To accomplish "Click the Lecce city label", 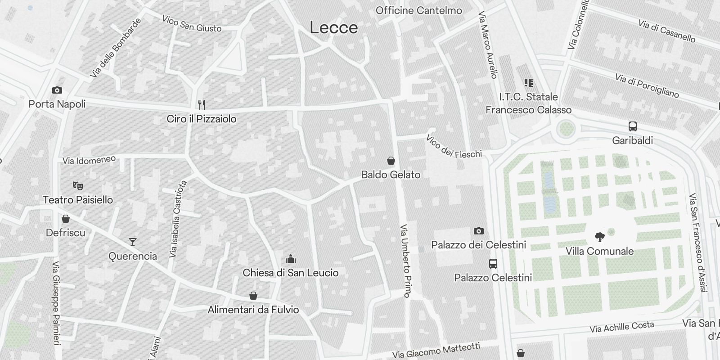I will point(333,28).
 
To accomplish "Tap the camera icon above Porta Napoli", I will point(57,90).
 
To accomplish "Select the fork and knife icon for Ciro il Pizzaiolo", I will point(202,105).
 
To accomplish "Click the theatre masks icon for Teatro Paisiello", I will point(77,185).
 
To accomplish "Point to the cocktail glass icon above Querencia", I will point(132,242).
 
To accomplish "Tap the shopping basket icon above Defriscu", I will point(66,219).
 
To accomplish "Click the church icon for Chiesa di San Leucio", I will point(290,259).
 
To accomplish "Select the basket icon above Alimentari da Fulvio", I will point(253,296).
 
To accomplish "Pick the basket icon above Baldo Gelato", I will point(391,161).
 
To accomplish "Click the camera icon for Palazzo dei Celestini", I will point(478,231).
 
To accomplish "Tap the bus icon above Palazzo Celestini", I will point(493,264).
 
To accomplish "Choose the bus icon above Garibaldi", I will point(632,126).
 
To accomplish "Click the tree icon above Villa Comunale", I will point(599,237).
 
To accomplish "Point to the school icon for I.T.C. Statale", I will point(528,83).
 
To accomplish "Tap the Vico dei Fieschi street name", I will point(454,147).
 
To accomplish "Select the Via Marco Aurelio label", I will point(488,45).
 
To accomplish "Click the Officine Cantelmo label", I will point(418,10).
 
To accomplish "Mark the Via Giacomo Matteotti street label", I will point(436,351).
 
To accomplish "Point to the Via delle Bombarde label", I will point(115,48).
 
